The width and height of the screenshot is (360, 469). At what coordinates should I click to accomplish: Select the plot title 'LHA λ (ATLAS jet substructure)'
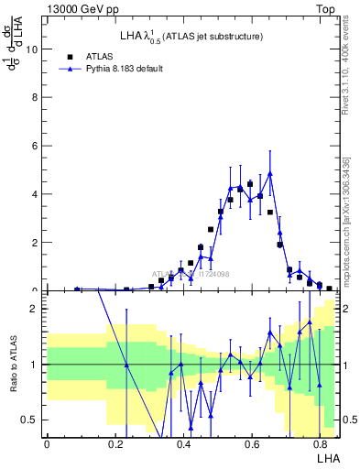pos(191,36)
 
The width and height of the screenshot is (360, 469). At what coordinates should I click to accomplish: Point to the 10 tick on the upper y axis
pos(34,49)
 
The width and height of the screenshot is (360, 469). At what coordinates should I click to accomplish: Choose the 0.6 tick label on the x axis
pos(253,444)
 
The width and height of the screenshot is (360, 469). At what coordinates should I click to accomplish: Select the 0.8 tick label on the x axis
pos(322,444)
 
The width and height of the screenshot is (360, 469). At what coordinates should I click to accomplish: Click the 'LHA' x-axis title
pos(328,457)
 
